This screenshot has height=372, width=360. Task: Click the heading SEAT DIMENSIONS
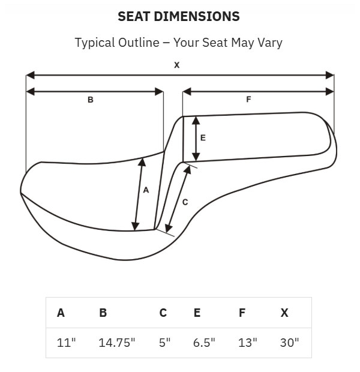pos(179,16)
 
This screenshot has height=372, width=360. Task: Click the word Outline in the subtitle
pos(139,43)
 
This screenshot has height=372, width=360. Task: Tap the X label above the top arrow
pos(177,65)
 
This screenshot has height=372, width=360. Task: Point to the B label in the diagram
pos(91,100)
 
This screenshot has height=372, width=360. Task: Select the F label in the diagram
pos(248,100)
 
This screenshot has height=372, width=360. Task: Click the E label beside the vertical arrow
pos(203,138)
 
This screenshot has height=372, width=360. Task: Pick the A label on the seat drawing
pos(146,190)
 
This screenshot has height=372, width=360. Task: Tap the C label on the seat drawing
pos(185,202)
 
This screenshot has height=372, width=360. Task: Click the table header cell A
pos(61,313)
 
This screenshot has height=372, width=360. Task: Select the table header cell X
pos(284,313)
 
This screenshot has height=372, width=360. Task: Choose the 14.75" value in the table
pos(116,343)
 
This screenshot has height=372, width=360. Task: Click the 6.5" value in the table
pos(204,343)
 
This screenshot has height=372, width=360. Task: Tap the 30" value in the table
pos(289,343)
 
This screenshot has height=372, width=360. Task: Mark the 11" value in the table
pos(66,343)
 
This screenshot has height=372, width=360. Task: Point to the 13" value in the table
pos(248,343)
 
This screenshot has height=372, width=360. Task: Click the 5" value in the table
pos(164,343)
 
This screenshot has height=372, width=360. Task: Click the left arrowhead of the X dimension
pos(30,75)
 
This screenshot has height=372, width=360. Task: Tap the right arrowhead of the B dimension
pos(159,92)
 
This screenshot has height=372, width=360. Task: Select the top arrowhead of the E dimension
pos(196,121)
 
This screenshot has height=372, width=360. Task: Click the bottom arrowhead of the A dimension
pos(135,227)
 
